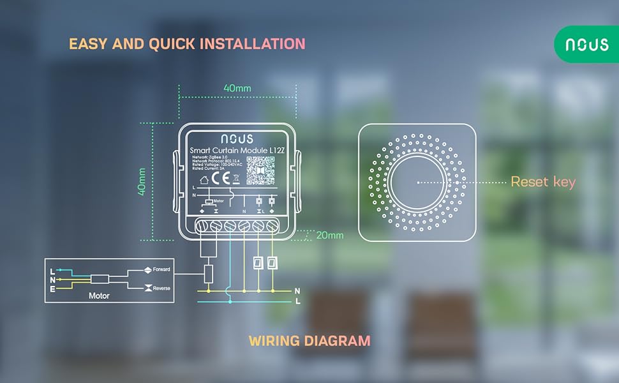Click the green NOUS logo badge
(x=586, y=45)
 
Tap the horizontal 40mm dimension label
(x=237, y=87)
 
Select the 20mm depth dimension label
(x=329, y=235)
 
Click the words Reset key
(x=543, y=182)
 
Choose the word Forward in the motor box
(x=161, y=270)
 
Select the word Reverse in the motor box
(x=161, y=289)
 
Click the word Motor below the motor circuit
(x=99, y=296)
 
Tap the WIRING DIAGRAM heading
(x=309, y=340)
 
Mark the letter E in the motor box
(x=52, y=289)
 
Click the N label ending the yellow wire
(x=297, y=291)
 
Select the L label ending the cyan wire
(x=298, y=301)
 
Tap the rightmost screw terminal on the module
(x=273, y=225)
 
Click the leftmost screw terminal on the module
(x=201, y=225)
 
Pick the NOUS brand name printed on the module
(x=237, y=138)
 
